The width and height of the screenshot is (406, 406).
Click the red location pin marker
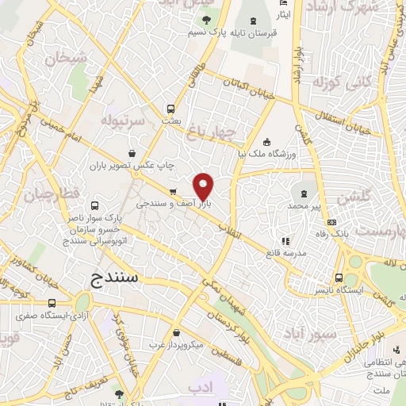pyautogui.click(x=204, y=186)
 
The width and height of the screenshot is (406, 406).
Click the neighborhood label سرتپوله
pyautogui.click(x=121, y=119)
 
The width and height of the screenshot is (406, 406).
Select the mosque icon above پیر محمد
pyautogui.click(x=305, y=193)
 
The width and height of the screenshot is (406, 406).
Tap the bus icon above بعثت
pyautogui.click(x=170, y=109)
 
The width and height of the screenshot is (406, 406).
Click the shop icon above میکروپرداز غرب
pyautogui.click(x=176, y=332)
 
